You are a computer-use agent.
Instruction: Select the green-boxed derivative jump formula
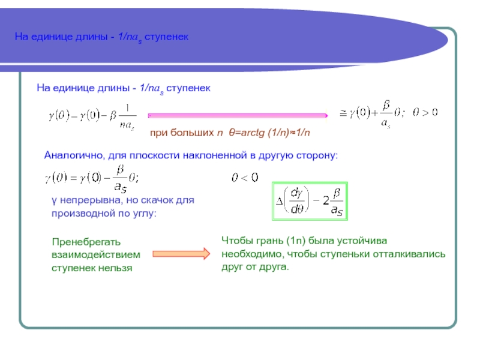point(310,200)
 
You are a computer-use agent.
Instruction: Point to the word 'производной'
point(78,213)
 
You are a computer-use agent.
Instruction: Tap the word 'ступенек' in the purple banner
point(171,37)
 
